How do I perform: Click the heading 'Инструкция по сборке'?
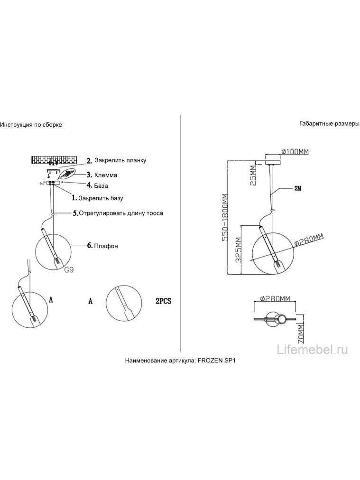coord(31,125)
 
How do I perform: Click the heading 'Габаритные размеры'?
coord(329,124)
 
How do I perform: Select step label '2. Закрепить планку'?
coord(116,160)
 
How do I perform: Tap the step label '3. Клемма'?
coord(102,175)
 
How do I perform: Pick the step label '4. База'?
coord(97,185)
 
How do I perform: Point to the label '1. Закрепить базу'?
coord(97,198)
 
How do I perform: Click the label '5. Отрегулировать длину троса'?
coord(118,213)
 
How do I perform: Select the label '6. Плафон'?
coord(102,246)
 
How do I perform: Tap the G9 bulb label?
coord(69,270)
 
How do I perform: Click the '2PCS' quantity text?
coord(164,301)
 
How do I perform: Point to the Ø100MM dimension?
coord(295,151)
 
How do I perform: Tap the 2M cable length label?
coord(298,189)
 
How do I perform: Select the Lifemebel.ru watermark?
coord(312,349)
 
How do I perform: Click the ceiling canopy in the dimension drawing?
coord(273,161)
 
